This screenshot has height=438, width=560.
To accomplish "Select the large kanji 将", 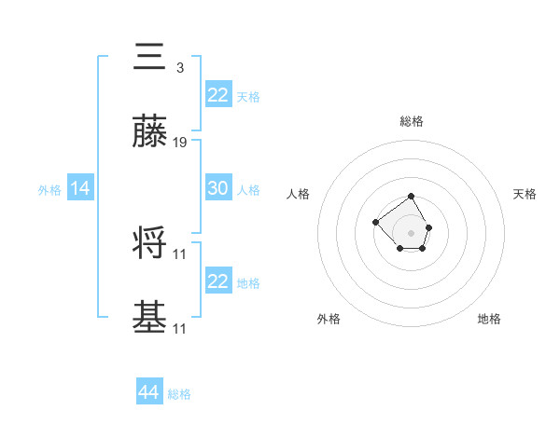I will pos(150,242).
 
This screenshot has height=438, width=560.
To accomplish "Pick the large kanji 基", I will pos(150,318).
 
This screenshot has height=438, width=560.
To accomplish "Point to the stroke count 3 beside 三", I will pos(179,68).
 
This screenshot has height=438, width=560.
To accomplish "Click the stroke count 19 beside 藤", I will pos(180,143).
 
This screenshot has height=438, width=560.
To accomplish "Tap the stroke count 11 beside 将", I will pos(180,253).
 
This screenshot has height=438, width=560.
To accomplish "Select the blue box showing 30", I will pos(217,188).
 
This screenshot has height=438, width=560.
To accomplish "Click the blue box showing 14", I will pos(80,188).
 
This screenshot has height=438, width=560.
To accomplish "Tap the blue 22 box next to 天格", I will pos(217,94).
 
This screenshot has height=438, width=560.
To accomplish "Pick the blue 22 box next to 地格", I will pos(217,281).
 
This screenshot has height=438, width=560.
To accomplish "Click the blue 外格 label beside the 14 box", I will pos(49,189).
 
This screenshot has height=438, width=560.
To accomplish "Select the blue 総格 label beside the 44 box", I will pos(179,394).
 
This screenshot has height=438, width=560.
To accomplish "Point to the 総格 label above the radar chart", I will pos(412,121).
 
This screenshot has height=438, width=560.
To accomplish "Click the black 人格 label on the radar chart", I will pos(299,194).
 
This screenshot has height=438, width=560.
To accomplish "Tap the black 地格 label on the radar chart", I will pos(489,319).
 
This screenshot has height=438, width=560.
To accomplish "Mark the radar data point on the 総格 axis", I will pos(412,196).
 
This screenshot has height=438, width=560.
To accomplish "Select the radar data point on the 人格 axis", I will pos(375,222).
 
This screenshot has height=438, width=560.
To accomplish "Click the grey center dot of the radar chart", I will pos(412,233).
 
